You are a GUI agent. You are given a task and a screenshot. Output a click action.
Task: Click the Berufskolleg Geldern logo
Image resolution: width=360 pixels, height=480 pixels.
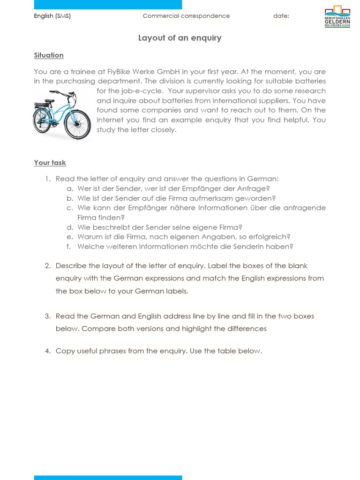[337, 16]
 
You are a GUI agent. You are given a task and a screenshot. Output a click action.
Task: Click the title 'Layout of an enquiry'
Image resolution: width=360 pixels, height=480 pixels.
[180, 38]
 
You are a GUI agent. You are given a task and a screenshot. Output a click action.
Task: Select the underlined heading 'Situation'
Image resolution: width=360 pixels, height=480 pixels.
[49, 55]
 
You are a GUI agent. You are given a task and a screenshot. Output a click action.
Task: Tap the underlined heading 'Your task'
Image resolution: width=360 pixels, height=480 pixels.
[50, 163]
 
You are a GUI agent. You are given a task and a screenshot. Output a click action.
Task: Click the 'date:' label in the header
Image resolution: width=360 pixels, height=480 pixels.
[281, 16]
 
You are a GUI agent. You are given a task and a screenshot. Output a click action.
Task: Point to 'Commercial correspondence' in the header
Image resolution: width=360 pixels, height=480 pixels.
[186, 16]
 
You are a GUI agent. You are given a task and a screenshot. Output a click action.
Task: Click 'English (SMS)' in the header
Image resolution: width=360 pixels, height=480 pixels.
[52, 16]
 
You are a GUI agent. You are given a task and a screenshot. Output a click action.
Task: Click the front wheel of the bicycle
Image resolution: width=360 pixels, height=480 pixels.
[78, 125]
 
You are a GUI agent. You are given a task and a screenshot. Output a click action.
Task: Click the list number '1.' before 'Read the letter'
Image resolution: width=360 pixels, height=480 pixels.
[47, 179]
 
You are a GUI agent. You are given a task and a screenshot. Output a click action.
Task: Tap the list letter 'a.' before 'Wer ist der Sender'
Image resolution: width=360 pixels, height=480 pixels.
[69, 188]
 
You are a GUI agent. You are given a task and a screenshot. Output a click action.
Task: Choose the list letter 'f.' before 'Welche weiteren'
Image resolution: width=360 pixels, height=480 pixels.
[70, 247]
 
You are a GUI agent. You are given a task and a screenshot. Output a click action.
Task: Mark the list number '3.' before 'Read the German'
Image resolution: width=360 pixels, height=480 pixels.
[47, 316]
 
